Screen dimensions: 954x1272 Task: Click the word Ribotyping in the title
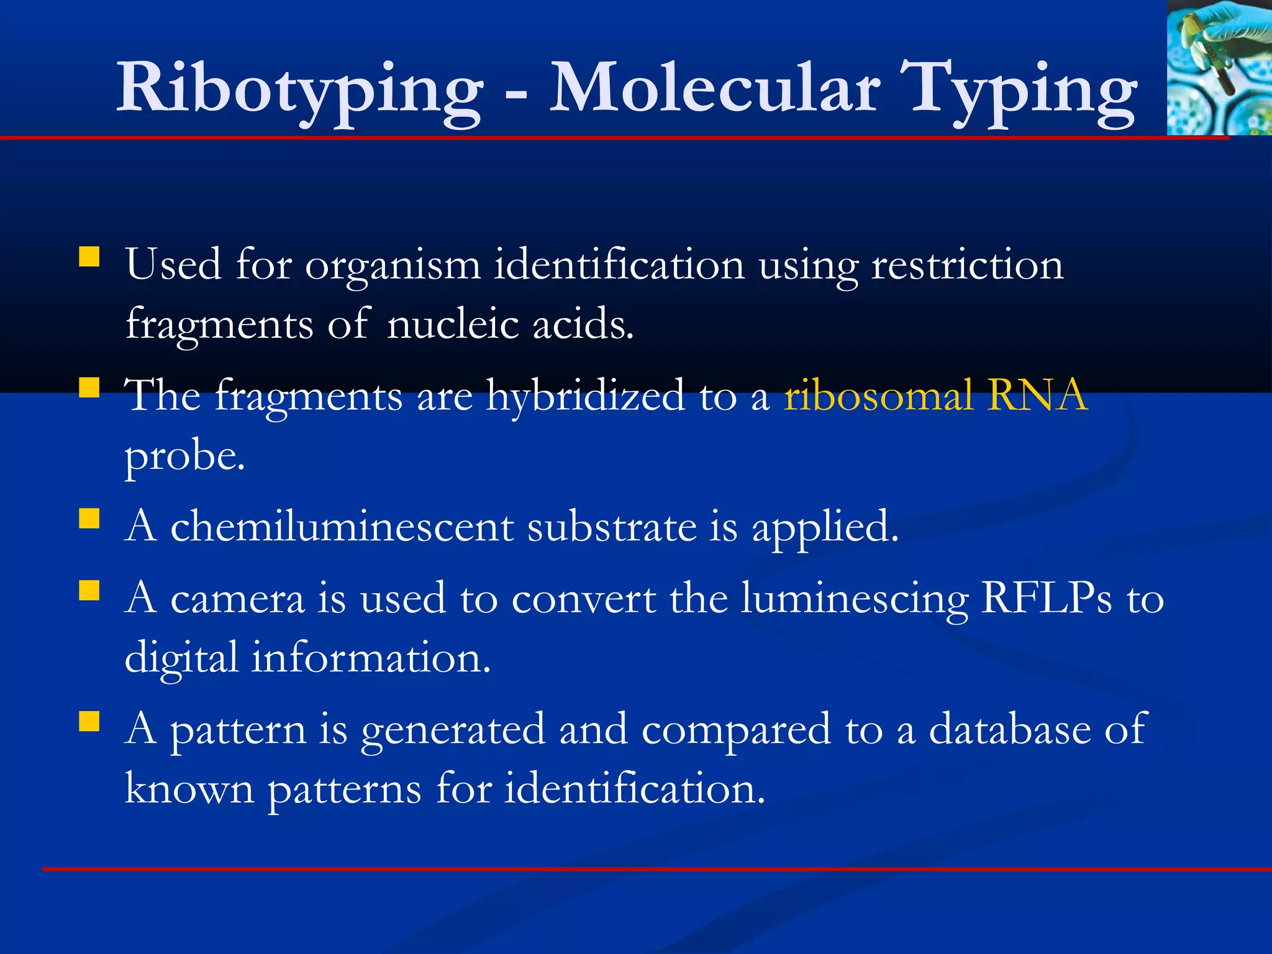coord(299,88)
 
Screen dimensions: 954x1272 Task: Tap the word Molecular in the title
coord(714,88)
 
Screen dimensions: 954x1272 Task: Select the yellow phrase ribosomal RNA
coord(935,395)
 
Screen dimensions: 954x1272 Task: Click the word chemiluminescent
coord(342,527)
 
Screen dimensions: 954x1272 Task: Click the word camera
coord(237,599)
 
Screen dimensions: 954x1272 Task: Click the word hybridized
coord(585,395)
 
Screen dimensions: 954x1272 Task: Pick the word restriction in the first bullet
coord(968,265)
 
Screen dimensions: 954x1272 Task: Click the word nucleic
coord(452,324)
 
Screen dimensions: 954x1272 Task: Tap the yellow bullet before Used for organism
coord(89,257)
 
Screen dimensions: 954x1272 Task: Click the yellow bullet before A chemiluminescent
coord(89,519)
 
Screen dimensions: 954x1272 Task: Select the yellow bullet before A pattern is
coord(89,721)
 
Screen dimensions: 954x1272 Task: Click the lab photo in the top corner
coord(1219,67)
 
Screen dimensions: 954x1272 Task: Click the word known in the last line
coord(189,789)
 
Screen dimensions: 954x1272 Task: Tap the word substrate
coord(612,527)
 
